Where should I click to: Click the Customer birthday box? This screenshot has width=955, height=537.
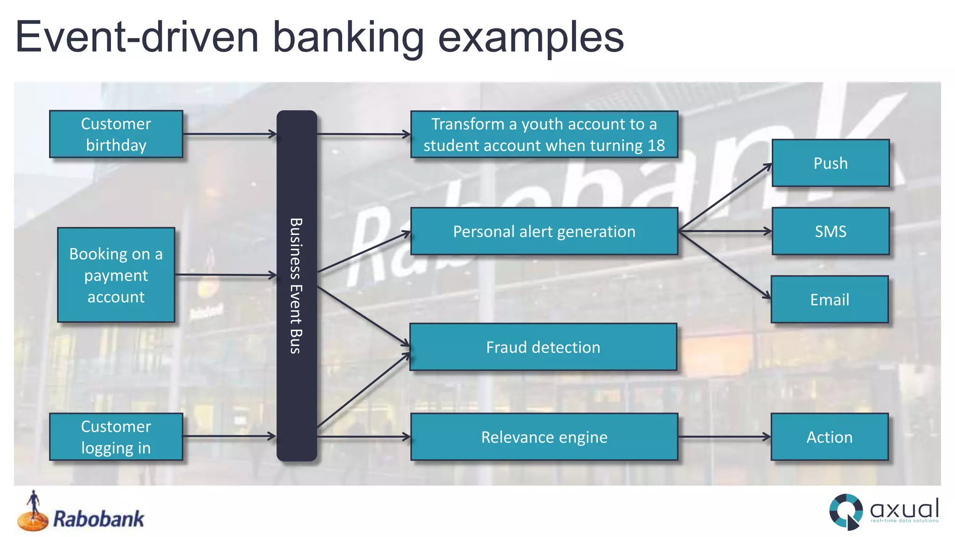[x=116, y=134]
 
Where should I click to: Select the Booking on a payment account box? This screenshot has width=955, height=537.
[x=116, y=275]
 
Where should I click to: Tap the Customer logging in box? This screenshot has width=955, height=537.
[x=116, y=437]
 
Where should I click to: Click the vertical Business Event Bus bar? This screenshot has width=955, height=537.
[x=297, y=285]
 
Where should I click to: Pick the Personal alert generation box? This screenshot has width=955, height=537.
[x=544, y=231]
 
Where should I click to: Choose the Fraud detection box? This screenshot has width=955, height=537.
[x=543, y=347]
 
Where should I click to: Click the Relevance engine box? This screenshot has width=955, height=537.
[x=544, y=437]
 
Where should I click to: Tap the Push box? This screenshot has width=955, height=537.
[x=830, y=163]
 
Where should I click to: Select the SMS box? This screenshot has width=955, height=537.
[x=830, y=231]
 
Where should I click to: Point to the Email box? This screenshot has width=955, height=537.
[x=829, y=299]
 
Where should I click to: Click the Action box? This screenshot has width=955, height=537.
[x=829, y=437]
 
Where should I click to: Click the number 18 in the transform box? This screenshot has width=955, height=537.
[x=656, y=145]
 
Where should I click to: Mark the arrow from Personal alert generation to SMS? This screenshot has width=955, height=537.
[x=725, y=231]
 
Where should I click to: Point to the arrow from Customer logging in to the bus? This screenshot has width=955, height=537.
[x=228, y=437]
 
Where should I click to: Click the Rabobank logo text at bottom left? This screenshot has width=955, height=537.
[x=98, y=519]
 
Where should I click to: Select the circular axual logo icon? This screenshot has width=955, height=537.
[x=845, y=511]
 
